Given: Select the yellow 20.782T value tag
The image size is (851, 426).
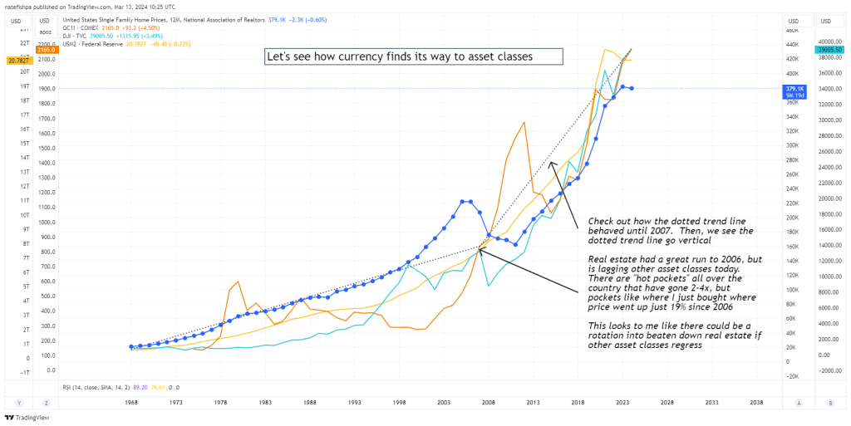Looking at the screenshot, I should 17,61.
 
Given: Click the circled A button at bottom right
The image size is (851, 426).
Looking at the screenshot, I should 798,402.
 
